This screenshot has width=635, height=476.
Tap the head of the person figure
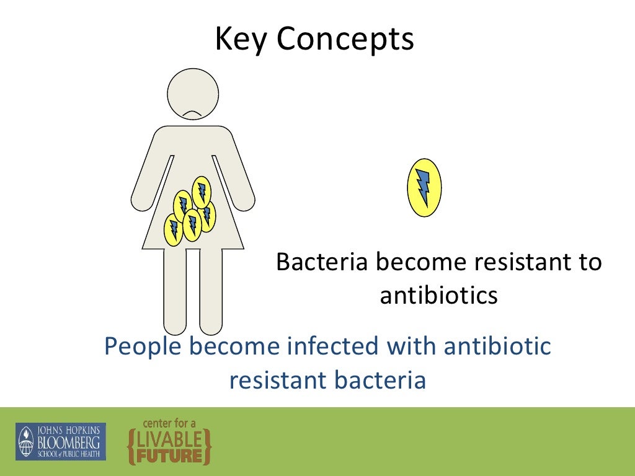(x=193, y=94)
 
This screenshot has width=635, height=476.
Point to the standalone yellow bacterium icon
(x=424, y=187)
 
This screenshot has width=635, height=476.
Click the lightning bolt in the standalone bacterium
(x=424, y=187)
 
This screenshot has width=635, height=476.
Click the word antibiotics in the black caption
(x=438, y=296)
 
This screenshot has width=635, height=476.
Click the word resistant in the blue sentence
(x=278, y=380)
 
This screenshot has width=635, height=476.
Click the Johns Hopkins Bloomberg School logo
(x=61, y=441)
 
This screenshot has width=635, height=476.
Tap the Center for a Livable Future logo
(x=169, y=441)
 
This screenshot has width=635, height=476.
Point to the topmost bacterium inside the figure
(x=201, y=191)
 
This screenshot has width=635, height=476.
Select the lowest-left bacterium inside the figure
(x=173, y=229)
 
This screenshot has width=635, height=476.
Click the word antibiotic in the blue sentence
(x=497, y=346)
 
